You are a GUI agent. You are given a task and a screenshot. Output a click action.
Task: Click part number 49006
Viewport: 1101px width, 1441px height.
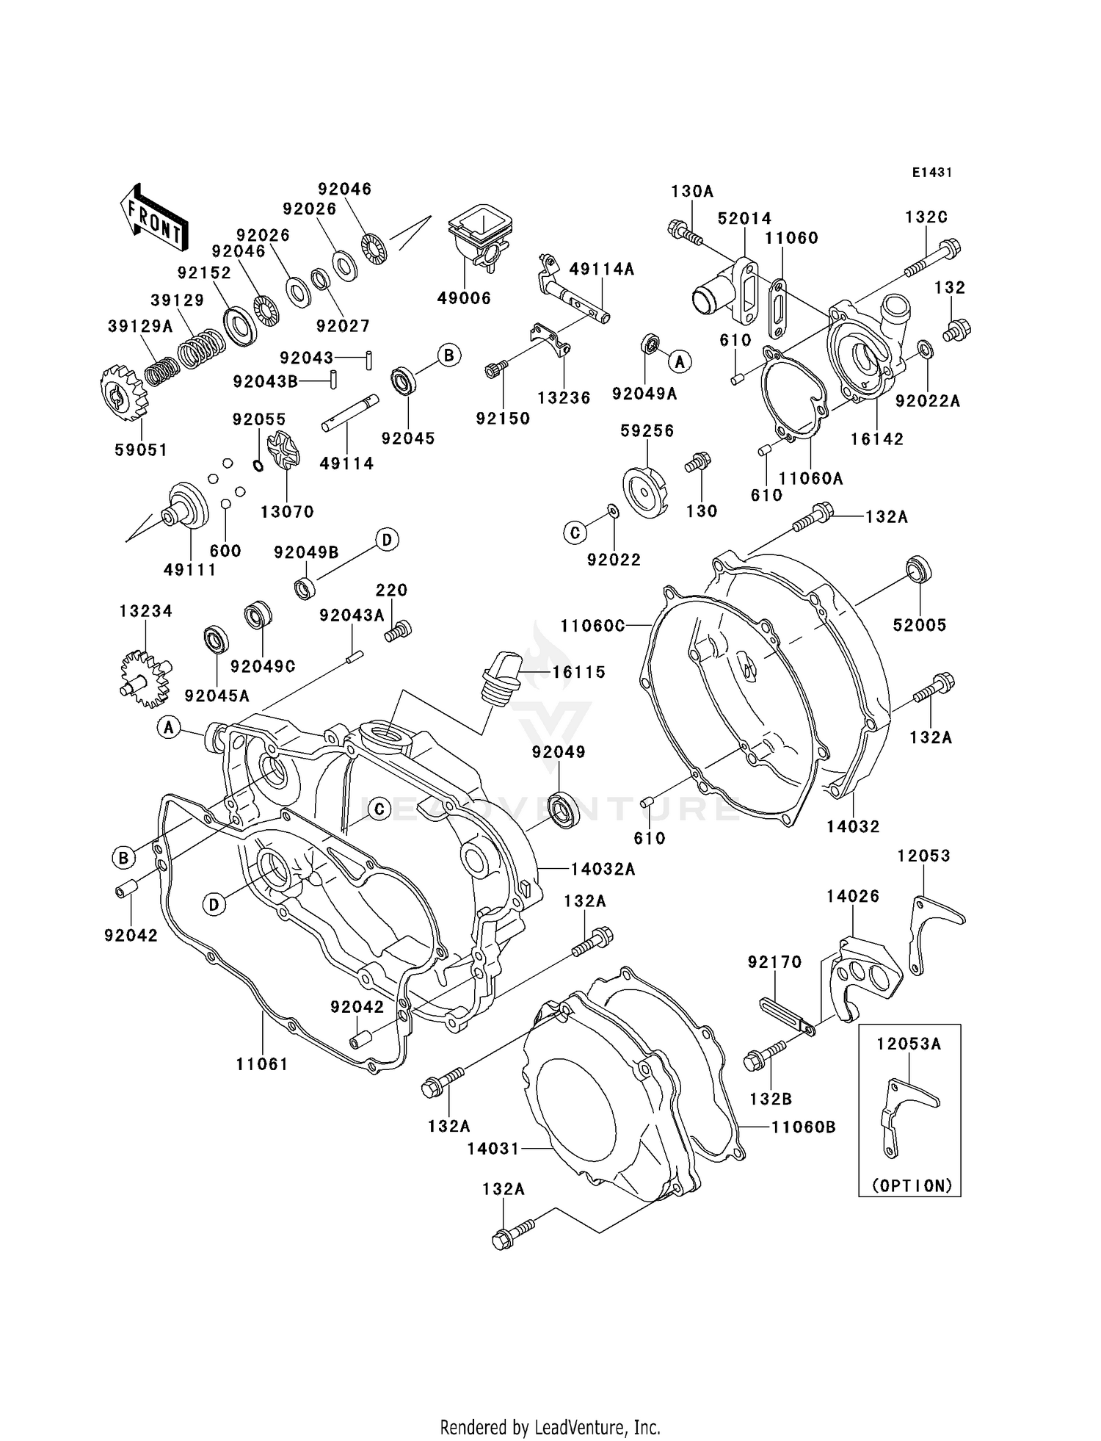click(x=464, y=298)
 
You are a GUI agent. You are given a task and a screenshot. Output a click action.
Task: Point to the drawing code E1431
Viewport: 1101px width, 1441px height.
click(x=931, y=173)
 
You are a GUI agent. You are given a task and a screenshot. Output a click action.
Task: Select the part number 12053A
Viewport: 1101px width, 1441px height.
click(x=909, y=1044)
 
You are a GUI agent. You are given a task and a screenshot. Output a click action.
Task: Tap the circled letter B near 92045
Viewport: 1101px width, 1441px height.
click(x=448, y=355)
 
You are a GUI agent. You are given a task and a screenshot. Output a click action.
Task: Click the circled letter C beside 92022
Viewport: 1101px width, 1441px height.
click(x=575, y=532)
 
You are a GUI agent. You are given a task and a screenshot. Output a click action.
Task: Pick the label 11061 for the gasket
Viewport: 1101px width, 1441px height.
click(x=262, y=1063)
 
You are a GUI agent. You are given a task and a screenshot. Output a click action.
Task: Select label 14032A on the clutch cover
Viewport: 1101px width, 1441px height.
click(x=603, y=869)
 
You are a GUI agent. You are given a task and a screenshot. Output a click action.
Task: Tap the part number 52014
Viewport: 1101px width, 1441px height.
click(x=744, y=218)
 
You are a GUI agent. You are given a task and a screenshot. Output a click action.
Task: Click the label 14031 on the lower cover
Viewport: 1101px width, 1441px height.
click(x=493, y=1148)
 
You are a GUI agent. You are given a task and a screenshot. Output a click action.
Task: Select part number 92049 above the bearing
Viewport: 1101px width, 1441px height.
click(x=559, y=752)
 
